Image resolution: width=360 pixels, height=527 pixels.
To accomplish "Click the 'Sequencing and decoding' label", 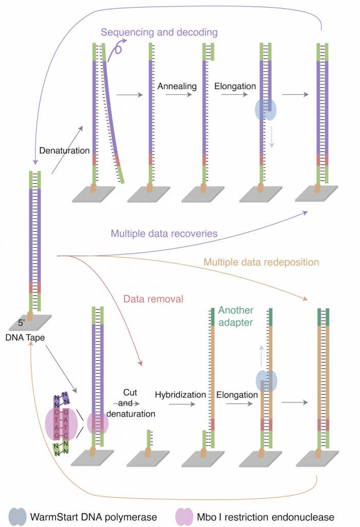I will point(159,32).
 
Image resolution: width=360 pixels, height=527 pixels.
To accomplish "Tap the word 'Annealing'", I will point(177,86).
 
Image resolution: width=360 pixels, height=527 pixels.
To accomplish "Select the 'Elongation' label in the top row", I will point(235,86).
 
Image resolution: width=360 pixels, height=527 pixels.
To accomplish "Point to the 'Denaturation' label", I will point(65,151).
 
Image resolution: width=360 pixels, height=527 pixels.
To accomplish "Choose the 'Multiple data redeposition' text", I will point(261,262).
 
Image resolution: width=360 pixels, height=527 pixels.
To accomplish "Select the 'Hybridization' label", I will point(181,395).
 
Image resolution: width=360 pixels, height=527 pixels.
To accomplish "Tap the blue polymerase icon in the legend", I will point(21,516).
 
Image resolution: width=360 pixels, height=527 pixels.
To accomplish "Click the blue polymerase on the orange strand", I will point(266,381).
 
